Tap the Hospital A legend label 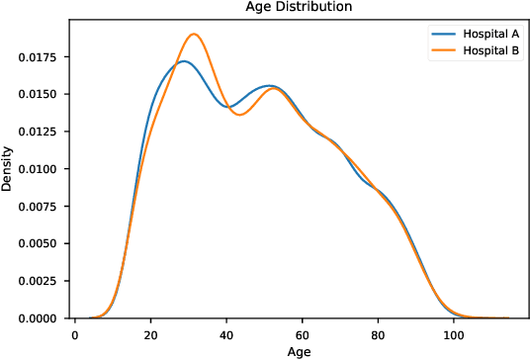click(480, 34)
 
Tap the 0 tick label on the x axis click(75, 333)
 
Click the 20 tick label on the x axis click(150, 333)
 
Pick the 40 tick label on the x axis click(226, 333)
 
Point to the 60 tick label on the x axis click(302, 333)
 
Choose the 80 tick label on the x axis click(378, 333)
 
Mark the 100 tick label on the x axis click(453, 333)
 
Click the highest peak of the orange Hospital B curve click(194, 35)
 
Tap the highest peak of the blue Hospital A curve click(183, 61)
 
